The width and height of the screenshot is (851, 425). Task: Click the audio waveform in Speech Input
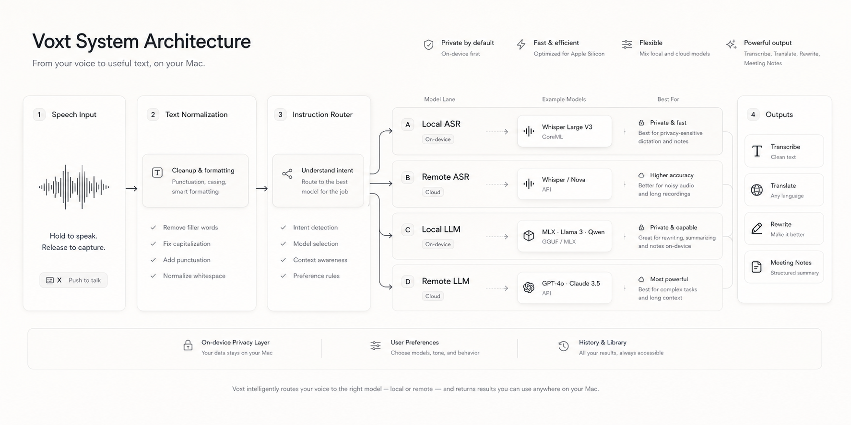[74, 187]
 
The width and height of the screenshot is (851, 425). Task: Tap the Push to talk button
[73, 280]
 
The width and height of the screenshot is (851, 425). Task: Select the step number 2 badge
[153, 115]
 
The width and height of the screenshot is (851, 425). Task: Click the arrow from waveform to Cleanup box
[131, 189]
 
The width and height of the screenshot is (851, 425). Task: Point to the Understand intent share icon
[287, 174]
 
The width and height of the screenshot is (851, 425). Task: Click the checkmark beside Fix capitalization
[154, 244]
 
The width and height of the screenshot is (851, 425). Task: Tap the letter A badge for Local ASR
[408, 125]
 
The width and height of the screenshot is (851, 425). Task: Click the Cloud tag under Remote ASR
[433, 192]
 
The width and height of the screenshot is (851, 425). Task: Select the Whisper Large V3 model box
[565, 131]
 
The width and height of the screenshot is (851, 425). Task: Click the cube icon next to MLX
[529, 236]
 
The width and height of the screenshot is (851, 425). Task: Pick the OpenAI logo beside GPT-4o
[529, 287]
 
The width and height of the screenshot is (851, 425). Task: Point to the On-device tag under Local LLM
[438, 244]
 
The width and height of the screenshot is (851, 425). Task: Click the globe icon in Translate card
[756, 190]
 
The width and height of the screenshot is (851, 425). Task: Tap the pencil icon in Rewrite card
[756, 229]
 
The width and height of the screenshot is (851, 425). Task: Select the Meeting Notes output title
[791, 263]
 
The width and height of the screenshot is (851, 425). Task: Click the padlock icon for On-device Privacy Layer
[188, 345]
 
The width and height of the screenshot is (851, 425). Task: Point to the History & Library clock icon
[564, 346]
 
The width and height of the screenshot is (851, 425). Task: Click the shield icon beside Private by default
[429, 45]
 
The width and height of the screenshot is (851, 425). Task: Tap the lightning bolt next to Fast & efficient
[521, 45]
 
